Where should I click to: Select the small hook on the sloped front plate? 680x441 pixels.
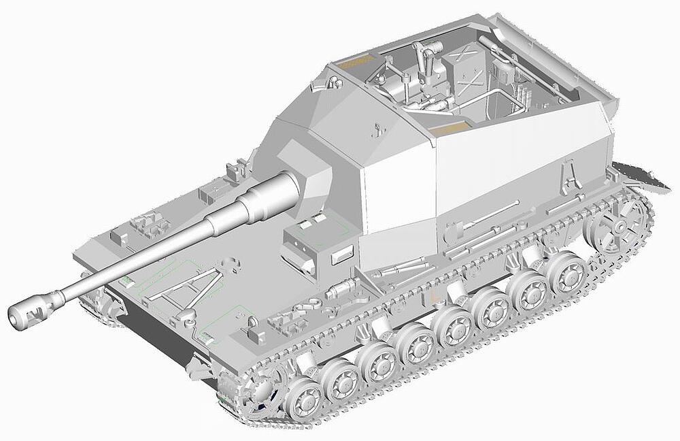click(375, 127)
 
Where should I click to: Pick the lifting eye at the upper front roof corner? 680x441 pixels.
click(333, 82)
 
